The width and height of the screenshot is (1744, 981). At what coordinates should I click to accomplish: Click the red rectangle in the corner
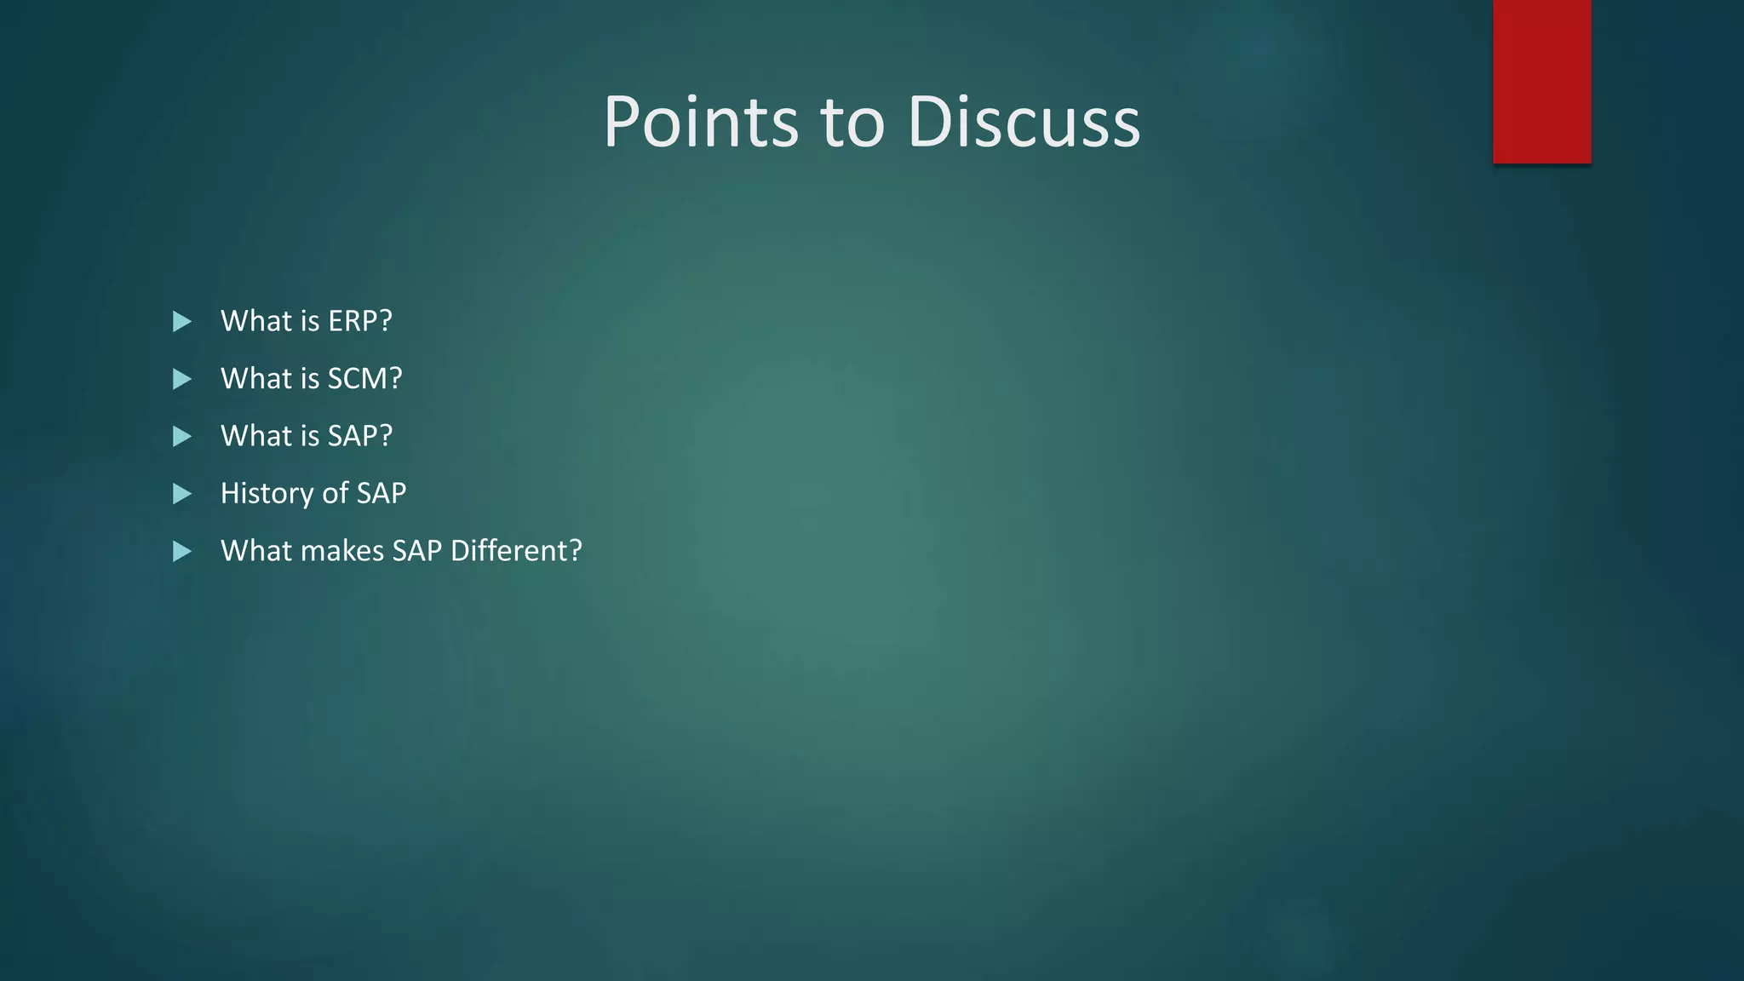[1541, 82]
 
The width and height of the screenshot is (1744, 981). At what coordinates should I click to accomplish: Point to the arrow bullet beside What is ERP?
[181, 321]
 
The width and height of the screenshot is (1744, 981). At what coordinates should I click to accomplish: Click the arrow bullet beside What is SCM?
[181, 379]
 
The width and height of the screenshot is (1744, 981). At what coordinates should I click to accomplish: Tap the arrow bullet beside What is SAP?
[181, 436]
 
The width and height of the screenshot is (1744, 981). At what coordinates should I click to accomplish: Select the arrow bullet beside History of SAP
[181, 494]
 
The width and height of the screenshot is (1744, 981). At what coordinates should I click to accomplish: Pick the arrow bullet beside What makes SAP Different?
[181, 551]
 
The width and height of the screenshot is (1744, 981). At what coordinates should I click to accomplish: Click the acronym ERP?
[360, 321]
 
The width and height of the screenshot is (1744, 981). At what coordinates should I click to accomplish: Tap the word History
[267, 493]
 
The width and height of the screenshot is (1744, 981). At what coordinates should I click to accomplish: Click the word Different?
[516, 551]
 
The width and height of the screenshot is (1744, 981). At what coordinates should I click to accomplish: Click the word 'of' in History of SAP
[335, 493]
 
